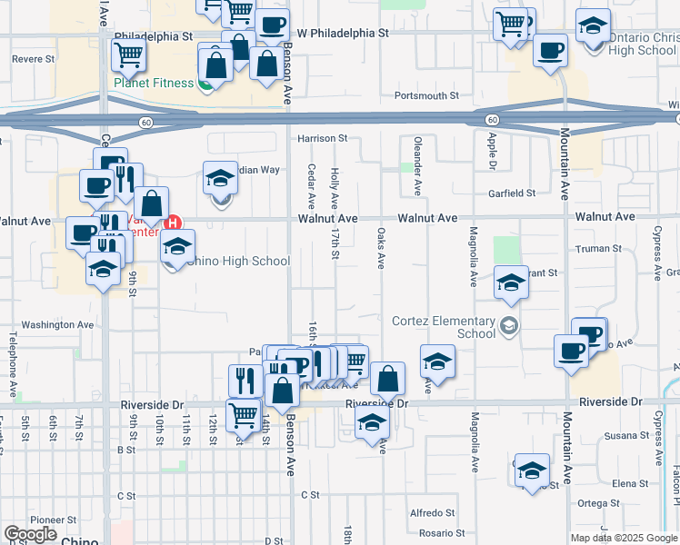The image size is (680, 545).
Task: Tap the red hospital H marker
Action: [x=173, y=222]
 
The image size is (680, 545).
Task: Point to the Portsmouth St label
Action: [x=426, y=95]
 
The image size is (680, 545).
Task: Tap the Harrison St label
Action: [x=323, y=138]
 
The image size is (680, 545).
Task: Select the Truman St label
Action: [x=599, y=248]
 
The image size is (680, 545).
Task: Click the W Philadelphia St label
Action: [x=343, y=32]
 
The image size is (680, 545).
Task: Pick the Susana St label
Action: [x=624, y=436]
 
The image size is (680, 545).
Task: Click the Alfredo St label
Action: [x=432, y=512]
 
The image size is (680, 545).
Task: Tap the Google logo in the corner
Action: [x=30, y=534]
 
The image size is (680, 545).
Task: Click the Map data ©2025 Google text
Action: [x=623, y=538]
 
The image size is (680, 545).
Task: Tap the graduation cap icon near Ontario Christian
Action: [x=593, y=26]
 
